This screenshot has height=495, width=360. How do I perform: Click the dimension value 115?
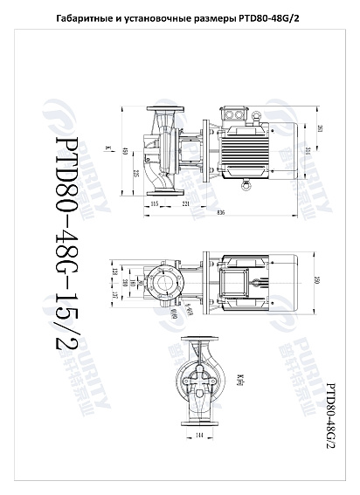[x=154, y=203]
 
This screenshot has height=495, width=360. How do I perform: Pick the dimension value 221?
[x=186, y=203]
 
